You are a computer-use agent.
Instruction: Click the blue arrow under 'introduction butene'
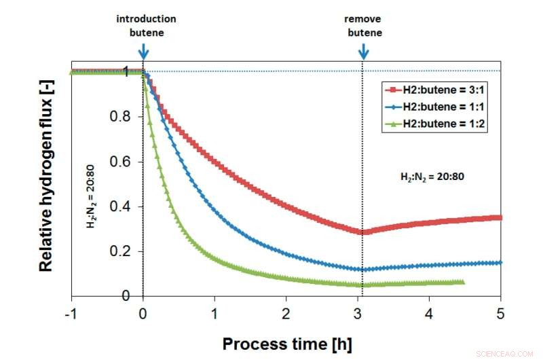point(143,51)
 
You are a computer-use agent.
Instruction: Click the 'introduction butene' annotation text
point(146,25)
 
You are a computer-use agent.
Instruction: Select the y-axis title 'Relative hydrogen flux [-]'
point(45,184)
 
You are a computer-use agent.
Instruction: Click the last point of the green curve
point(462,282)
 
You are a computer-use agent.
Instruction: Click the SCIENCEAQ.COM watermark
point(515,353)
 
